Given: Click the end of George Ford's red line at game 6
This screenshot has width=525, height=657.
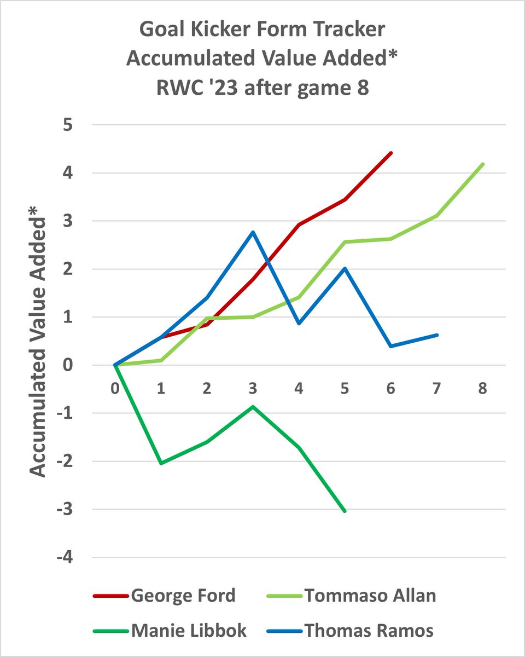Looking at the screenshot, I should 391,153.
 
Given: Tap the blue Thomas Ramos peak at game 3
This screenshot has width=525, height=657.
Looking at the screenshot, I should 253,232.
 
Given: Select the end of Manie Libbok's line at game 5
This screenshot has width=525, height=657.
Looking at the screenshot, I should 345,511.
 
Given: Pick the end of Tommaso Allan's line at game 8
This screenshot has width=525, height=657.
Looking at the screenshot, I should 483,164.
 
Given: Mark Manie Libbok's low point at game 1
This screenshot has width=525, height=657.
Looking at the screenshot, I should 161,463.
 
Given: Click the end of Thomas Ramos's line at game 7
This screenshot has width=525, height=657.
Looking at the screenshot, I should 437,335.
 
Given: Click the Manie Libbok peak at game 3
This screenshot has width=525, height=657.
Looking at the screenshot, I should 253,407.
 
